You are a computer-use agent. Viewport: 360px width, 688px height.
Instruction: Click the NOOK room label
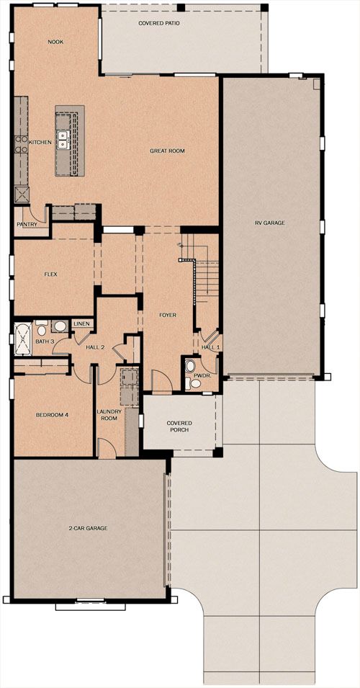[55, 42]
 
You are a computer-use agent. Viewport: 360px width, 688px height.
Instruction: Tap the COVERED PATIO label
[158, 23]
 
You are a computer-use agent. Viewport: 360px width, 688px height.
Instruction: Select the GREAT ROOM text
[167, 151]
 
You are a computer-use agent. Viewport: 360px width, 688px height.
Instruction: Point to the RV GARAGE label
[270, 223]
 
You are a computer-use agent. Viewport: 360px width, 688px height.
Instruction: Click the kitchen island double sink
[63, 139]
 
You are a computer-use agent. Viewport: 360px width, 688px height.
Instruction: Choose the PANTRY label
[27, 224]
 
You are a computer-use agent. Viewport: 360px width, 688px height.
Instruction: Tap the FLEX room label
[51, 274]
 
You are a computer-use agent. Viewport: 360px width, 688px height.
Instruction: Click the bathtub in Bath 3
[22, 339]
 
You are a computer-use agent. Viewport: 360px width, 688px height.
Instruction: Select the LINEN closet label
[82, 323]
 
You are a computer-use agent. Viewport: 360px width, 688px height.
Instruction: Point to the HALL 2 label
[96, 347]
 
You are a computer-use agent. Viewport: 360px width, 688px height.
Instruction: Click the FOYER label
[168, 315]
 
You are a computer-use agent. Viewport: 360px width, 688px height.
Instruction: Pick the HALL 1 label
[210, 347]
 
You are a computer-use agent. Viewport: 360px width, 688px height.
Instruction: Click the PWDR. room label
[194, 375]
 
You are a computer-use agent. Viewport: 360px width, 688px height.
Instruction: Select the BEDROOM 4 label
[52, 415]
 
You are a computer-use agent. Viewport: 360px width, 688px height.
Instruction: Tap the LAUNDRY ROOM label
[107, 415]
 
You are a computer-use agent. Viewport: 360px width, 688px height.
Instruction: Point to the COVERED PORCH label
[178, 426]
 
